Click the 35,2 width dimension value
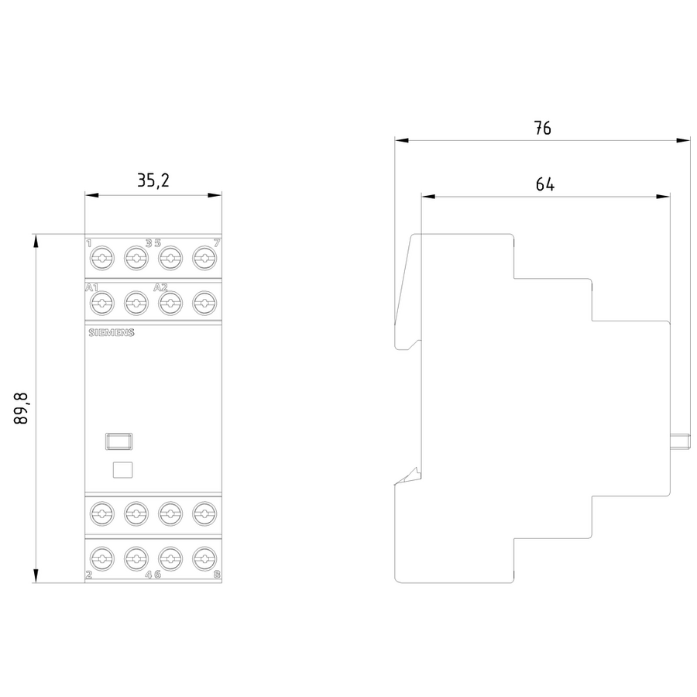153,181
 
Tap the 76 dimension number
542,129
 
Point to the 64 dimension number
544,184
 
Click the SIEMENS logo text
110,333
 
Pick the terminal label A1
91,288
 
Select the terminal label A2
160,288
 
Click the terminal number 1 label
88,243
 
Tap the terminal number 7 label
216,243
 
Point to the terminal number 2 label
88,575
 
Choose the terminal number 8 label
216,575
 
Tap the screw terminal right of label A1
101,303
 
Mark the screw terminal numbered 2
101,558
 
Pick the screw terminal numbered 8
204,558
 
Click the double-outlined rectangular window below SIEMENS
118,441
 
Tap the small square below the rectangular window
122,469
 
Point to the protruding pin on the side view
680,442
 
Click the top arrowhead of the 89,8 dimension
35,239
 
